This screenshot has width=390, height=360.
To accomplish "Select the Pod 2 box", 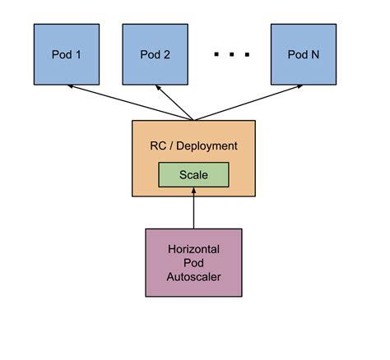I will pos(156,55).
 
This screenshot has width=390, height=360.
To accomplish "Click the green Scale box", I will pos(193,175).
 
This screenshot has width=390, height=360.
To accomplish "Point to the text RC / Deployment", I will pos(193,146).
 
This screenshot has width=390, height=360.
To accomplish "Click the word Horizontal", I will pos(193,247).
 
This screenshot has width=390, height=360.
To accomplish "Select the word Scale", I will pos(193,175).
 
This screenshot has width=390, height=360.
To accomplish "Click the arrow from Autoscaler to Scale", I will pos(193,210).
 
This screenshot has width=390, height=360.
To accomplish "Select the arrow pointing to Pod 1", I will pos(132,103).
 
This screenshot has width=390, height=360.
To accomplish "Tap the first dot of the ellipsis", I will pos(216,55).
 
